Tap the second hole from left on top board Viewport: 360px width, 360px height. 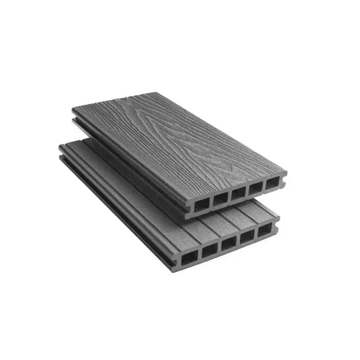pyautogui.click(x=220, y=199)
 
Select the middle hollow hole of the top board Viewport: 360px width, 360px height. pyautogui.click(x=237, y=194)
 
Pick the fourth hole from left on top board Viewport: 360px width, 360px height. pyautogui.click(x=255, y=188)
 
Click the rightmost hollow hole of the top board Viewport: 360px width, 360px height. pyautogui.click(x=272, y=184)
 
